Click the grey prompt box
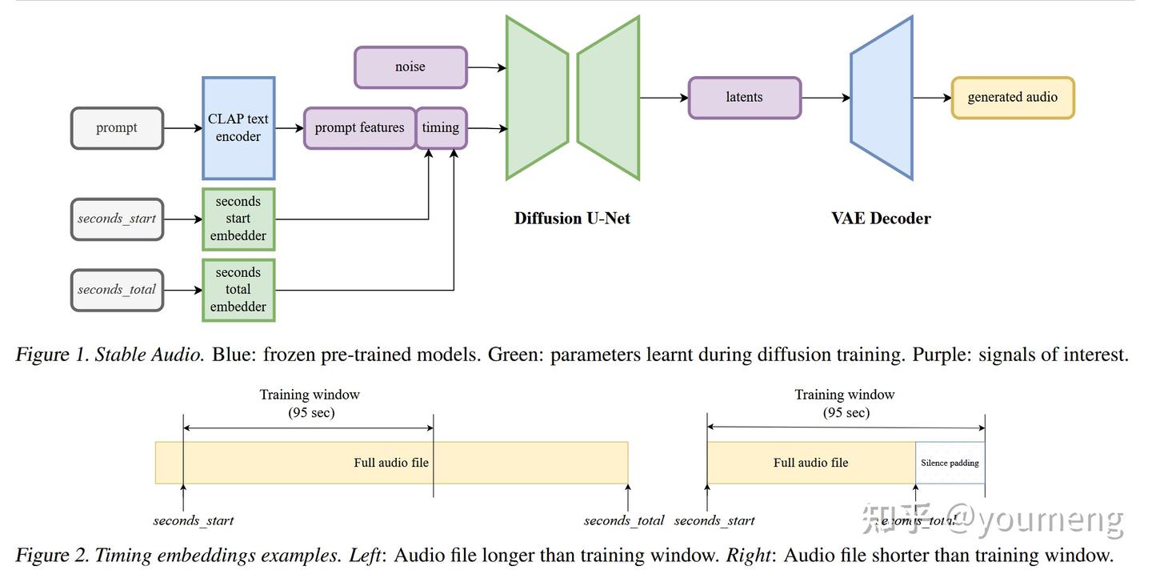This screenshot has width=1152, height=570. (117, 128)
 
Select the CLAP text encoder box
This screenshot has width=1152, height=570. (238, 128)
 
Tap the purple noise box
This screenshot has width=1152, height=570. (410, 67)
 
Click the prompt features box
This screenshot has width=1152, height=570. (359, 128)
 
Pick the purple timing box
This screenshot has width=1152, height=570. (441, 128)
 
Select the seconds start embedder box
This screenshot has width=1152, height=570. (238, 219)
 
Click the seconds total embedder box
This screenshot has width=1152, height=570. (238, 290)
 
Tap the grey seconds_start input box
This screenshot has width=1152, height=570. (117, 219)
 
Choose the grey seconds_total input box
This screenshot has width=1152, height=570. (117, 290)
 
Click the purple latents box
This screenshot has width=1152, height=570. (744, 98)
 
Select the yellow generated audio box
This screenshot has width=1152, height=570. (1012, 98)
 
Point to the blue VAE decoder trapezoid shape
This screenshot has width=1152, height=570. (882, 98)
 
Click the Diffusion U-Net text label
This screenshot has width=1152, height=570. (572, 219)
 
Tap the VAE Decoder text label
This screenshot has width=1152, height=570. (881, 219)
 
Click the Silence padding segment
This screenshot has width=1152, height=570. (950, 463)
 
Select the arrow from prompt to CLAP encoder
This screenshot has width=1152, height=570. (182, 128)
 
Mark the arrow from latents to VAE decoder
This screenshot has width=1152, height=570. (825, 98)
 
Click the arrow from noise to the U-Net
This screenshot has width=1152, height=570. (486, 68)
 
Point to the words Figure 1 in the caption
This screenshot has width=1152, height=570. (51, 355)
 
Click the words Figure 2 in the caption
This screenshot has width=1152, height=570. (51, 555)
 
